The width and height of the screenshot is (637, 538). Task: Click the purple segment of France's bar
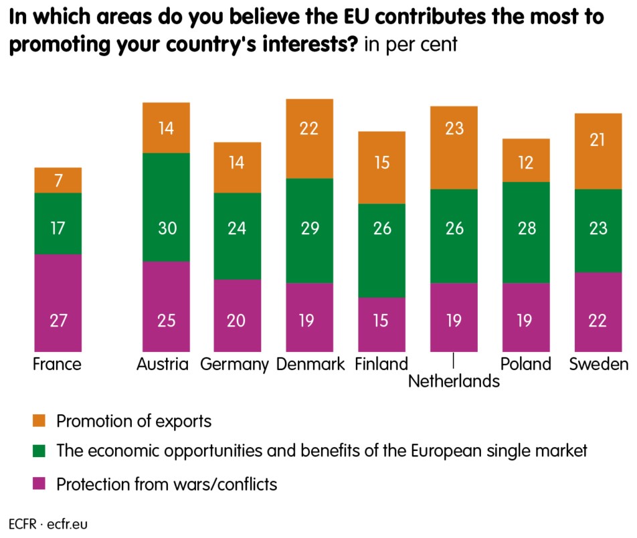58,302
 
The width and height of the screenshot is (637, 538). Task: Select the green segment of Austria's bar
166,207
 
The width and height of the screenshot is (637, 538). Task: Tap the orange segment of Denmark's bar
309,139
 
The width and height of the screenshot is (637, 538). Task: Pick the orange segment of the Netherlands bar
454,148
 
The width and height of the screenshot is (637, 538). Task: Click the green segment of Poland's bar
526,232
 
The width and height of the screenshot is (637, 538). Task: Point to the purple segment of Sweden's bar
598,311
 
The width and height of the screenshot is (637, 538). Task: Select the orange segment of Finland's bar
381,167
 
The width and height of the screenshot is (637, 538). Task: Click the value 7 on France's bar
58,181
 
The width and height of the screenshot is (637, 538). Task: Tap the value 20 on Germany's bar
238,321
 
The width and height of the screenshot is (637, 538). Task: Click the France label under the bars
57,364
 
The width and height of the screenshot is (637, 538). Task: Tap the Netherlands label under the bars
454,381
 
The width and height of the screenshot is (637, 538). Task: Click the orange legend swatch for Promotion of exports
39,421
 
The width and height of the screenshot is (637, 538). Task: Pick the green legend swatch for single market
39,451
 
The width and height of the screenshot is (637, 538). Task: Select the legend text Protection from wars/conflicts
167,483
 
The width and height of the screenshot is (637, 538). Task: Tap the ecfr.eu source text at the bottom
68,523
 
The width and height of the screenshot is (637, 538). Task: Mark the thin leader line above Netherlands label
454,361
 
